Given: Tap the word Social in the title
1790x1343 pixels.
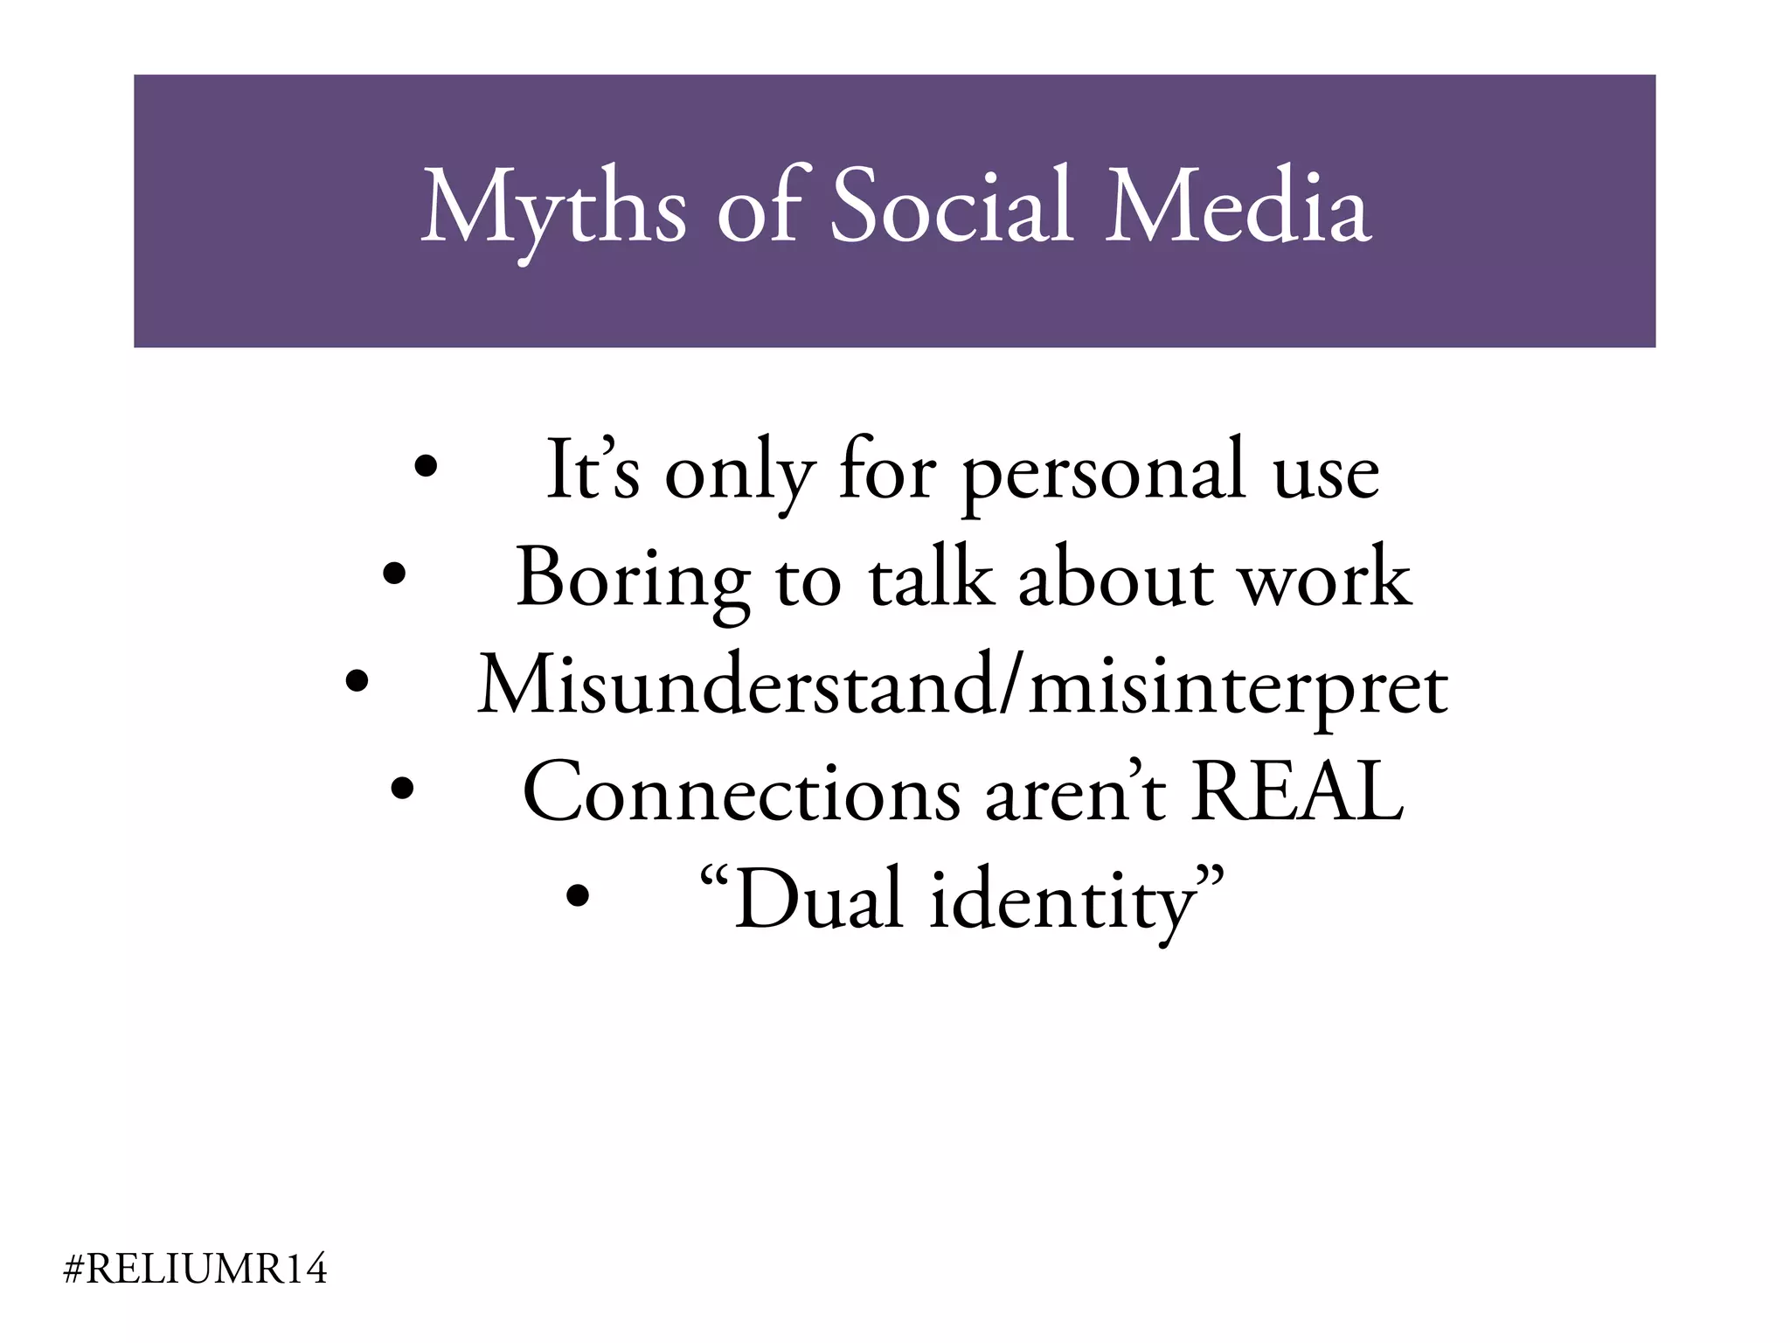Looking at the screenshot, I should tap(951, 206).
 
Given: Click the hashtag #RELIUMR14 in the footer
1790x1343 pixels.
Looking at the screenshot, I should tap(196, 1270).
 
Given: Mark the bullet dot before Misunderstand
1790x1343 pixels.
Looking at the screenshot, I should tap(356, 681).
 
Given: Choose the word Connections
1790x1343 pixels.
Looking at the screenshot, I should tap(741, 792).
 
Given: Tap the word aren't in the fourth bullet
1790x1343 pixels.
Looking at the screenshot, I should tap(1075, 792).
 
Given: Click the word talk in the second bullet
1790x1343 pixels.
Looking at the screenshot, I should tap(930, 577).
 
